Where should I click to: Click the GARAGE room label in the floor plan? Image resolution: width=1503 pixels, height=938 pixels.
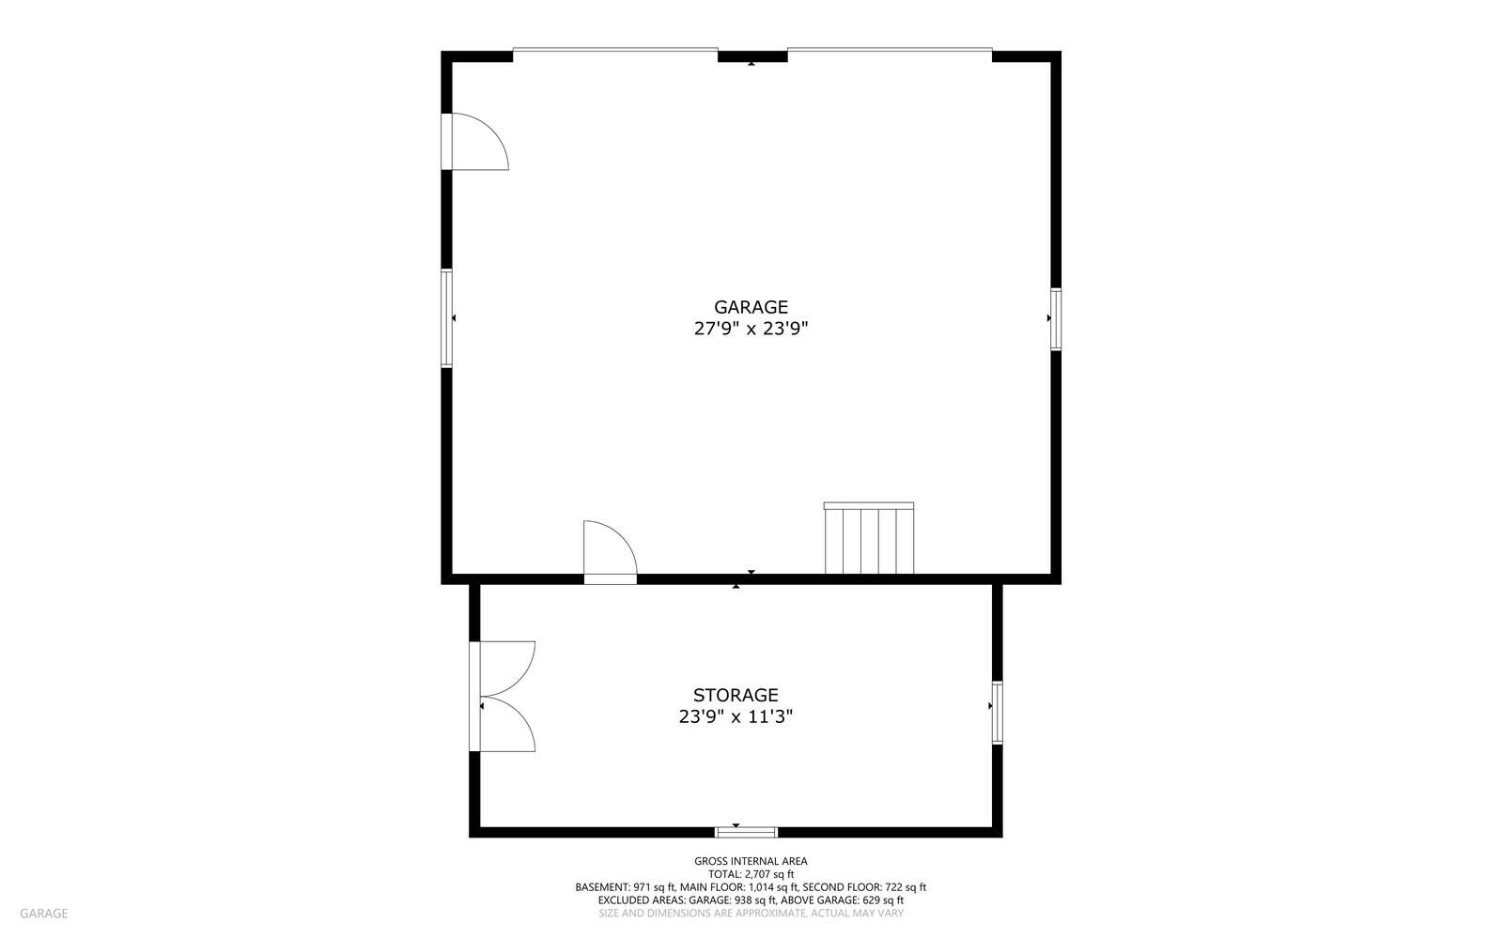(751, 307)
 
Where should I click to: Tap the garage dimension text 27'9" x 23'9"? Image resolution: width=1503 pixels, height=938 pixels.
(751, 329)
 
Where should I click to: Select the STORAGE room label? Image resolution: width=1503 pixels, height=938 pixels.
(736, 696)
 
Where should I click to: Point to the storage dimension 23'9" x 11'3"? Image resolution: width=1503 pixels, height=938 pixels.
(736, 717)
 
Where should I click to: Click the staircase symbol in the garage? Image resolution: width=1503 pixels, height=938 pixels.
(869, 538)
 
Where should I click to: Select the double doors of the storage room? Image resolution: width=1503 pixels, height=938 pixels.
(503, 697)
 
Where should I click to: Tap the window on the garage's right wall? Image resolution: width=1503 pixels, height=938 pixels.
(1056, 319)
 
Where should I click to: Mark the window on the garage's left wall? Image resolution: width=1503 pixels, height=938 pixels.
(447, 318)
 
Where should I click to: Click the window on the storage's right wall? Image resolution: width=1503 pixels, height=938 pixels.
(997, 713)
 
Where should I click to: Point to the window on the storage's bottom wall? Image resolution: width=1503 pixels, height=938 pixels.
(746, 831)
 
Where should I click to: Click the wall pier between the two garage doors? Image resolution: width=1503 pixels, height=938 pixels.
(752, 56)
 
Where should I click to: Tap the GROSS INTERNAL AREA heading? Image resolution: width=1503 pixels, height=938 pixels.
(751, 861)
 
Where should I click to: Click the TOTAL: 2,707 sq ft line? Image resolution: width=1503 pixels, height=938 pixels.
(751, 874)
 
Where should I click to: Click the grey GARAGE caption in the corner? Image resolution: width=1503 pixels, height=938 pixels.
(43, 914)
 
